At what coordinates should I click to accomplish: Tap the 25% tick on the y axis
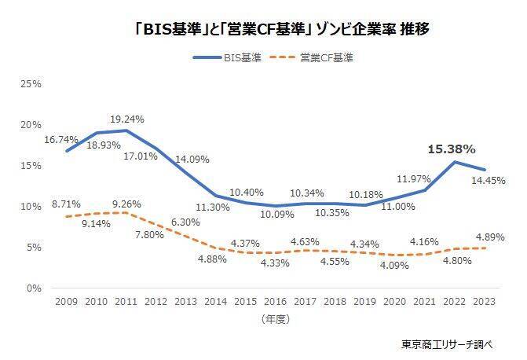tap(31, 83)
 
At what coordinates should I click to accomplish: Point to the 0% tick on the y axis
tap(35, 288)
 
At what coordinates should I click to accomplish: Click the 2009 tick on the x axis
tap(65, 301)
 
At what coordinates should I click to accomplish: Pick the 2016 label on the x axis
tap(275, 301)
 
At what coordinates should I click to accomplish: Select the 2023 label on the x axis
tap(485, 301)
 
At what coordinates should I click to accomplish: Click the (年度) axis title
tap(275, 319)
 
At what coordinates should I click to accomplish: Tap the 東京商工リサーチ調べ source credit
tap(444, 344)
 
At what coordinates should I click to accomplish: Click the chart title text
tap(262, 29)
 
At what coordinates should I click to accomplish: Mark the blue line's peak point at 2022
tap(454, 162)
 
